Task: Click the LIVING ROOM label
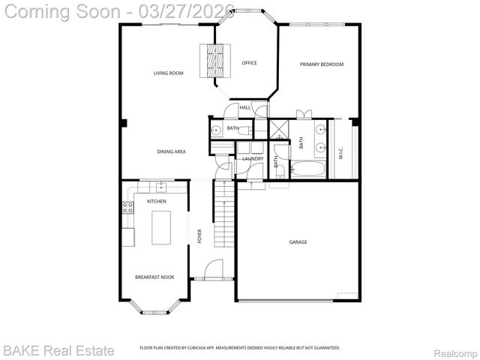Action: (169, 73)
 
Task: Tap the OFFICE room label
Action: (249, 63)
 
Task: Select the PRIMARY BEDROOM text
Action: (322, 64)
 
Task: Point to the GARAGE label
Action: (298, 242)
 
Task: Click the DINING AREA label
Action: (171, 152)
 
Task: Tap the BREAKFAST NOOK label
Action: (154, 277)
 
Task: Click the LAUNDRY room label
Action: (253, 159)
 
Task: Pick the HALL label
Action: (244, 109)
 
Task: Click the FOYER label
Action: (199, 236)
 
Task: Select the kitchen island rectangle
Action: (161, 227)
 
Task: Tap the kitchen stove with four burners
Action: (127, 208)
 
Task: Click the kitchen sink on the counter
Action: (160, 186)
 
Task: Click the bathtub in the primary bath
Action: (307, 169)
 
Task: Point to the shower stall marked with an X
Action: (278, 129)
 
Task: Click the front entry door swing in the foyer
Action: (214, 268)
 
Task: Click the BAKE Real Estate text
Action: (58, 350)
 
